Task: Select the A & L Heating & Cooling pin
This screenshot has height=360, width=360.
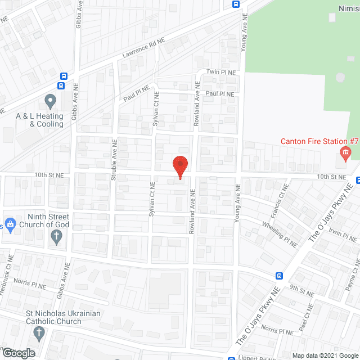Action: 50,102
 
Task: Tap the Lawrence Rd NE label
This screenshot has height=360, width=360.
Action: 143,50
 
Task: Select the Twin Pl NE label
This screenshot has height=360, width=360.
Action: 220,72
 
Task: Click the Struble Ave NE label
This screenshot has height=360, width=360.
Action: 114,160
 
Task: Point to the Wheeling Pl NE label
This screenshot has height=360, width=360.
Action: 280,233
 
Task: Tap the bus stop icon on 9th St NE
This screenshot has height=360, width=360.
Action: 279,276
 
